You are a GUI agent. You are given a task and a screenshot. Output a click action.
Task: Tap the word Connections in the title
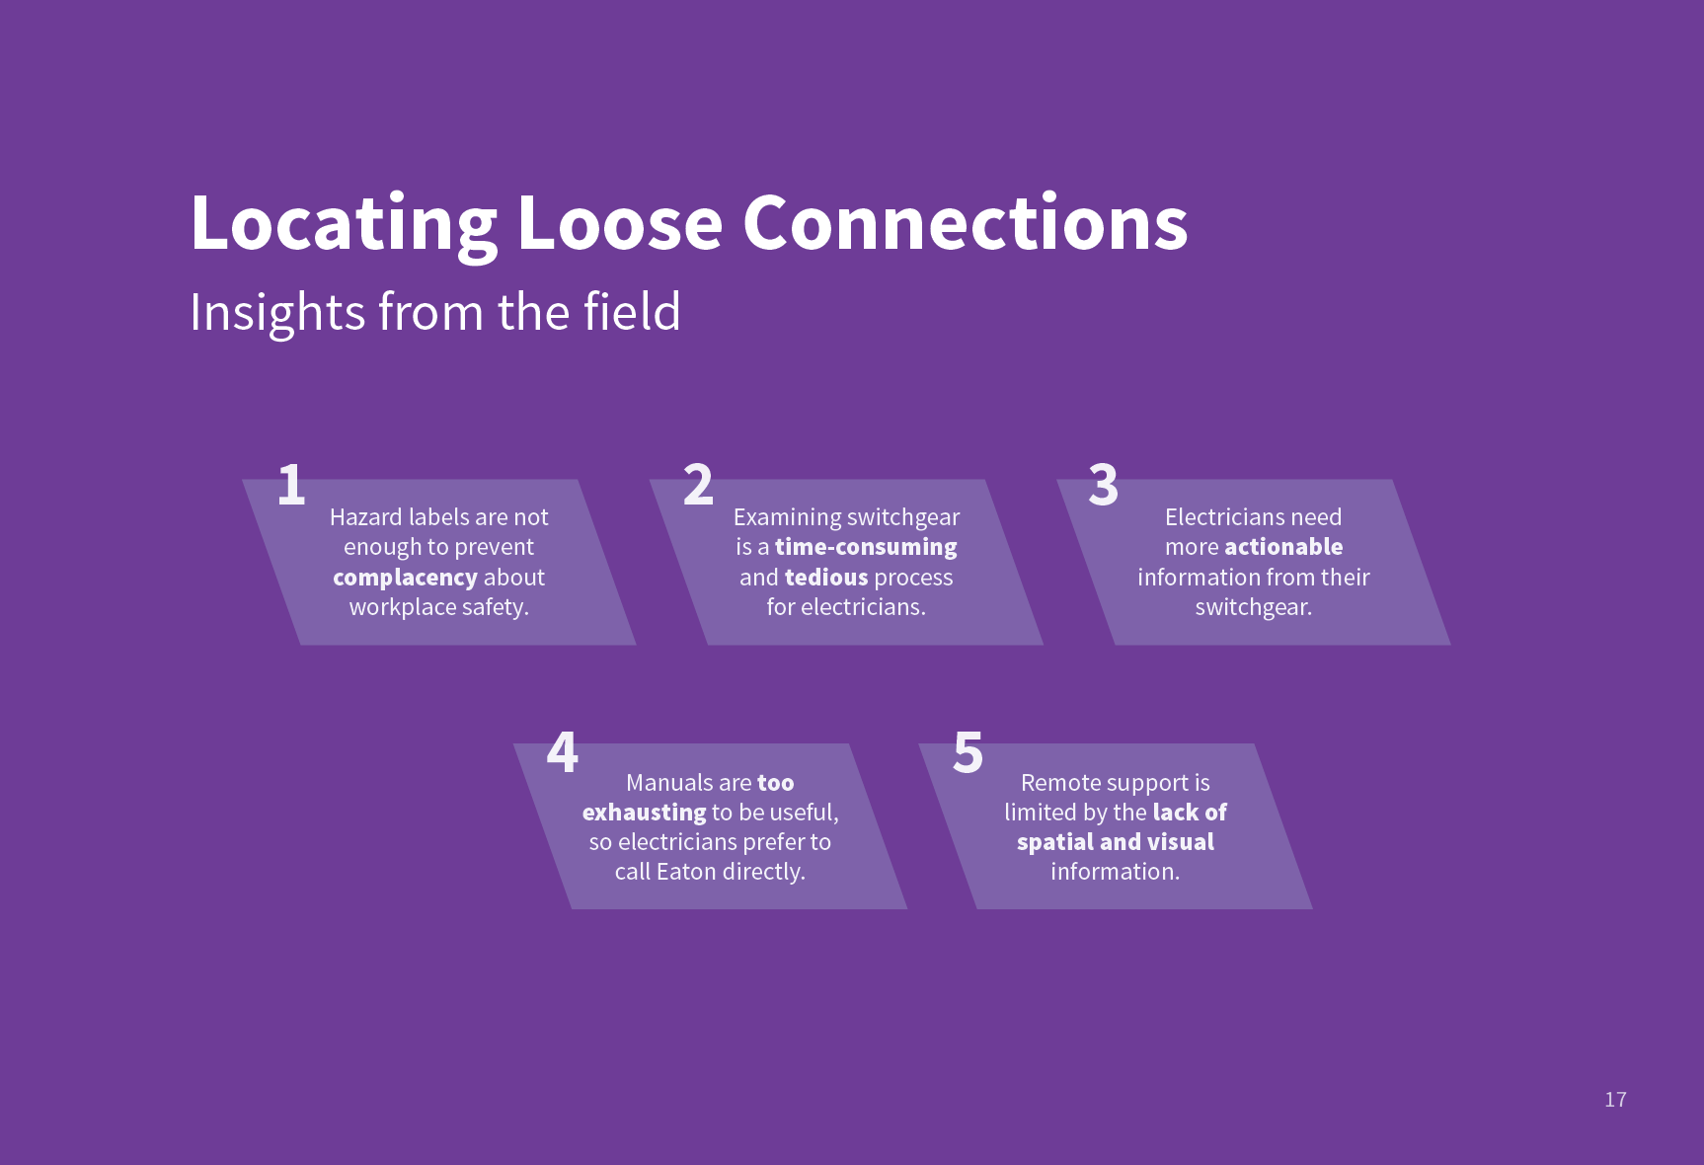pos(965,223)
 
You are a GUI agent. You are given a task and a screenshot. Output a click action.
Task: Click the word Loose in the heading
pos(620,223)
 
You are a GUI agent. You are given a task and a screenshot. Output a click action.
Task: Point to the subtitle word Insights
pos(277,314)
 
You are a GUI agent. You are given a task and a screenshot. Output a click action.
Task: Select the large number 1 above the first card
pos(291,485)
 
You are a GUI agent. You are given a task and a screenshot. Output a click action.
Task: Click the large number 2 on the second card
pos(698,485)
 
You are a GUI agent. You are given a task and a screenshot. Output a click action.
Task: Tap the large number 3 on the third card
pos(1104,485)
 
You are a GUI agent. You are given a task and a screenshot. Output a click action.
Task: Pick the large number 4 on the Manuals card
pos(563,752)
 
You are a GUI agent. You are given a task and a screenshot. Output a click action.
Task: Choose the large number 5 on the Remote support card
pos(968,752)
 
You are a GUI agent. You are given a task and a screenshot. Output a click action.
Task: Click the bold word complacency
pos(405,578)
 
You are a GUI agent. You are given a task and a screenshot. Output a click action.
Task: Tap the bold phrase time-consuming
pos(866,547)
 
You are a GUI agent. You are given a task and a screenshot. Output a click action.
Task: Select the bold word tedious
pos(826,577)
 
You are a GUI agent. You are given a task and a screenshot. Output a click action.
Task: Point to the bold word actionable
pos(1283,546)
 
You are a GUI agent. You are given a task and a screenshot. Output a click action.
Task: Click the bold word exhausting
pos(644,813)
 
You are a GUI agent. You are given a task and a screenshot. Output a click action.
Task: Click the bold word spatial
pos(1055,842)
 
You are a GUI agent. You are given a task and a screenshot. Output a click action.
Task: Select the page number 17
pos(1615,1100)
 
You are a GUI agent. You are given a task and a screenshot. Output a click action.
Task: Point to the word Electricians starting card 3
pos(1225,517)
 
